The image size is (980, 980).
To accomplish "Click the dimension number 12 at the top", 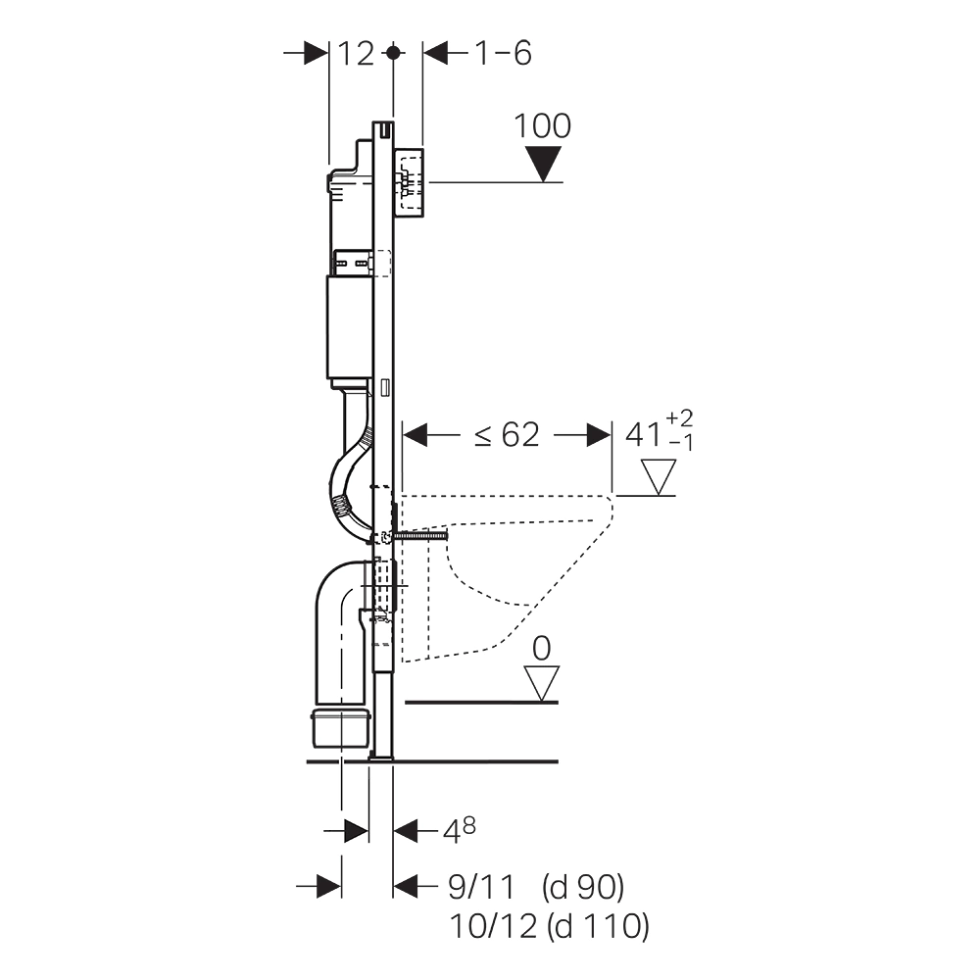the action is tap(357, 54).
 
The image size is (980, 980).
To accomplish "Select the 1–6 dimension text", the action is tap(503, 53).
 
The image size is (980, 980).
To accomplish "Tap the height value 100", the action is tap(542, 126).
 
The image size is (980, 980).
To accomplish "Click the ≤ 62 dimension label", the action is tap(507, 434).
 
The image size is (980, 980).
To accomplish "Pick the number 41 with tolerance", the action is tap(644, 434).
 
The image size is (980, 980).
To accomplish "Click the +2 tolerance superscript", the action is tap(679, 418).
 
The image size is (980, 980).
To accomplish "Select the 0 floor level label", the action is tap(541, 649).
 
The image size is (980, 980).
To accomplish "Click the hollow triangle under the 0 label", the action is tap(541, 683).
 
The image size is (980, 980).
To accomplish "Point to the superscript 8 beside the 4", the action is tap(468, 826).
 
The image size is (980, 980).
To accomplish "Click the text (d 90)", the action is tap(582, 888).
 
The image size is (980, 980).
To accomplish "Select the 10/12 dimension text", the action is tap(493, 926).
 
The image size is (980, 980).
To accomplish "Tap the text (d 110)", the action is tap(598, 927).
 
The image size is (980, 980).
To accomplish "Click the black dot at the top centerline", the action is tap(393, 53).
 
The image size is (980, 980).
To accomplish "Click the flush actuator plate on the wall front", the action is tap(409, 184).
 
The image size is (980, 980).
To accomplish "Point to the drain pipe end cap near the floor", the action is tap(342, 727).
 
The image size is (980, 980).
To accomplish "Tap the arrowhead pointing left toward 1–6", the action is tap(436, 53).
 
